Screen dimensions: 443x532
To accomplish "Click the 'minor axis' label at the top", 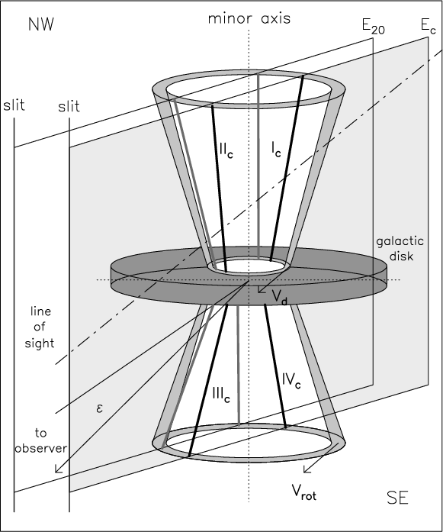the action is [x=249, y=18].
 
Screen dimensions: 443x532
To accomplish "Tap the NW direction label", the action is [x=41, y=24].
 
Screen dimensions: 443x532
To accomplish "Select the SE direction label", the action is [x=397, y=498].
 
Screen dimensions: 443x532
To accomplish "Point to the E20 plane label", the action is [x=373, y=27].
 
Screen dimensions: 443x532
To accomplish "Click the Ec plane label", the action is [x=428, y=26].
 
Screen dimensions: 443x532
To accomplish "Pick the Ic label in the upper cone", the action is [x=276, y=149].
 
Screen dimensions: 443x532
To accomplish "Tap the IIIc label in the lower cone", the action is [x=221, y=395].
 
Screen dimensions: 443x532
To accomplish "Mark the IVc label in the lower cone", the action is [x=291, y=380].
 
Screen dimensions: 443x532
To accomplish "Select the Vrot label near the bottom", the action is [x=304, y=492].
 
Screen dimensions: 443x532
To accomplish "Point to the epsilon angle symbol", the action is [x=99, y=408].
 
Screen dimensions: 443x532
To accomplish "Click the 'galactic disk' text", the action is [x=400, y=248].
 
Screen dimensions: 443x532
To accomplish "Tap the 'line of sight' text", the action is [x=40, y=327].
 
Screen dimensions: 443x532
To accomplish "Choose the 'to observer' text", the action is [x=40, y=440].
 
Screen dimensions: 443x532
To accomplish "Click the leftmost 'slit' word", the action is [x=14, y=105].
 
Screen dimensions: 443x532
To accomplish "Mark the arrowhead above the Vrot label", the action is [x=307, y=469].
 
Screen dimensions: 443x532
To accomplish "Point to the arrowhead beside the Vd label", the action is [x=261, y=289].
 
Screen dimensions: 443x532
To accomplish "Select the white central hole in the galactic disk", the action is [x=249, y=266].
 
